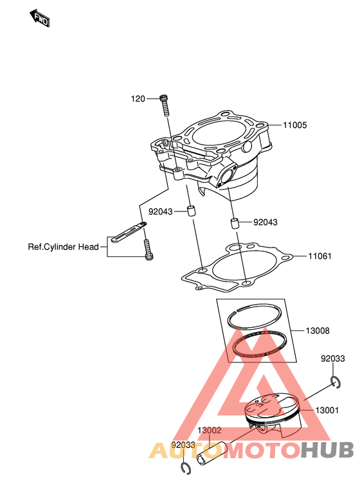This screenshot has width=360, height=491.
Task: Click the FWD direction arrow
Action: coord(40,18)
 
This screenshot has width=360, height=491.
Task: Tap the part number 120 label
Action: coord(138,99)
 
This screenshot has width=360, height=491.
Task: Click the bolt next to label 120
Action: coord(164,105)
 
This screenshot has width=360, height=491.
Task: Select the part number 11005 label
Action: coord(295,125)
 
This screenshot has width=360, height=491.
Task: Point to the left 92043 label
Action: coord(161,211)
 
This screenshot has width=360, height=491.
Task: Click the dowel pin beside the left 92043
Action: coord(192,211)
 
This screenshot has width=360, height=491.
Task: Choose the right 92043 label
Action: coord(265,222)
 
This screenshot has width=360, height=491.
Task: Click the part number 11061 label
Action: coord(319,256)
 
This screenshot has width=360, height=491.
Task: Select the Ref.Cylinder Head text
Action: coord(63,247)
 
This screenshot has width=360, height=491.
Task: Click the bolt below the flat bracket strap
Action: coord(148,250)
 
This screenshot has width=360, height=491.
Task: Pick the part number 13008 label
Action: coord(318,331)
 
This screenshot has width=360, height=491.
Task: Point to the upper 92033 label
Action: coord(333,359)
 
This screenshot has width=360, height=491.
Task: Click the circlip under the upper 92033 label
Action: coord(336,382)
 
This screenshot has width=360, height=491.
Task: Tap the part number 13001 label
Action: coord(327,410)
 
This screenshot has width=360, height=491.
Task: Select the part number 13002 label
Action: coord(210,431)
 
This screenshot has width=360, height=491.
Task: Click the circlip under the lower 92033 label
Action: coord(186,469)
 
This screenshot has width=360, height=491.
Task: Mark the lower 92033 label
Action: coord(183,445)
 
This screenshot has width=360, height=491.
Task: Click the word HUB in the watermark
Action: coord(327,450)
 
